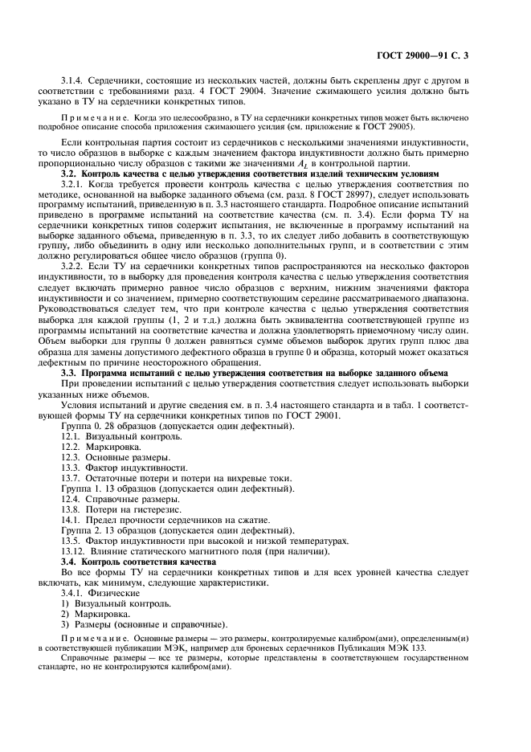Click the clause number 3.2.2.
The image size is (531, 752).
75,288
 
